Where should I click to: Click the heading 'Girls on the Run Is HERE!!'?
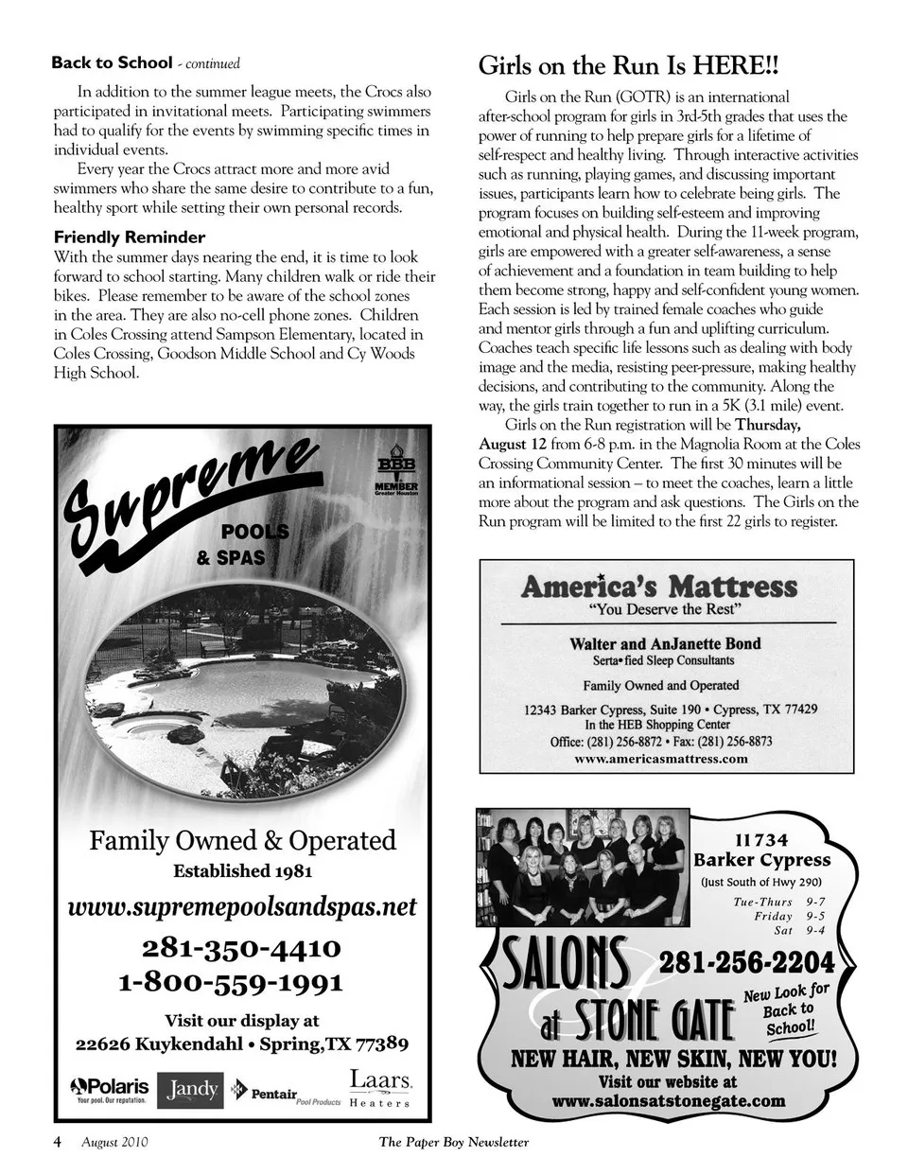click(x=629, y=66)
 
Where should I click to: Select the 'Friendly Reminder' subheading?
click(x=130, y=237)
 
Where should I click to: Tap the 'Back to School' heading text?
click(x=112, y=63)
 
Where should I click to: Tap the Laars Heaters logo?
click(x=380, y=1088)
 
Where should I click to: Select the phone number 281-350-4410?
click(x=242, y=948)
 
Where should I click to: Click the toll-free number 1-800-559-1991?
click(x=231, y=982)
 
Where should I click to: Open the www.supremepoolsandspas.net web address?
click(x=243, y=905)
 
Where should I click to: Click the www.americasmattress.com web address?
click(x=661, y=758)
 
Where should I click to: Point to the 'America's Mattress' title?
click(x=659, y=586)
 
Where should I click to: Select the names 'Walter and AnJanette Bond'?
click(x=665, y=643)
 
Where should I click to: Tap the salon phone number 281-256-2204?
click(x=747, y=962)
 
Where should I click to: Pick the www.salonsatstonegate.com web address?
click(x=669, y=1100)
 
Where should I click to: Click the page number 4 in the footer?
click(x=58, y=1142)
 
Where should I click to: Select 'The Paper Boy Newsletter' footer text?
click(x=454, y=1142)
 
